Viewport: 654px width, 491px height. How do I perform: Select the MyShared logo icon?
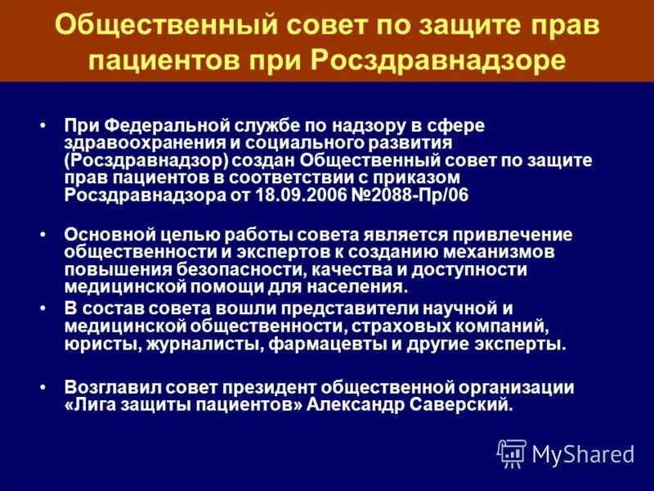(512, 453)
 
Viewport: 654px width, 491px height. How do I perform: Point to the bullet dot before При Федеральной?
(43, 126)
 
